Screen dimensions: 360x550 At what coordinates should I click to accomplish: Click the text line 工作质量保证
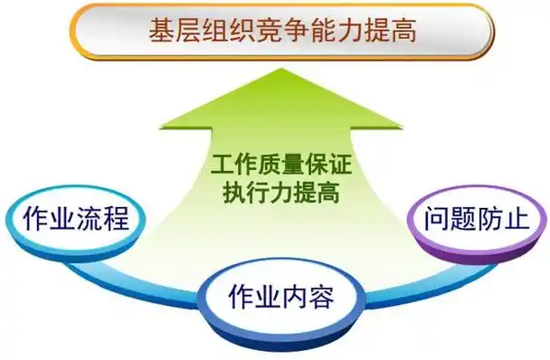pos(280,166)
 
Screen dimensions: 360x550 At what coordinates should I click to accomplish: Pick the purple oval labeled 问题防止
pos(475,219)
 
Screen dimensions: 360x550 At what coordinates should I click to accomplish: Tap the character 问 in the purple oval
pos(429,219)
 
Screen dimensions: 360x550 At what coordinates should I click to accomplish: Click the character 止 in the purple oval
pos(521,219)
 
